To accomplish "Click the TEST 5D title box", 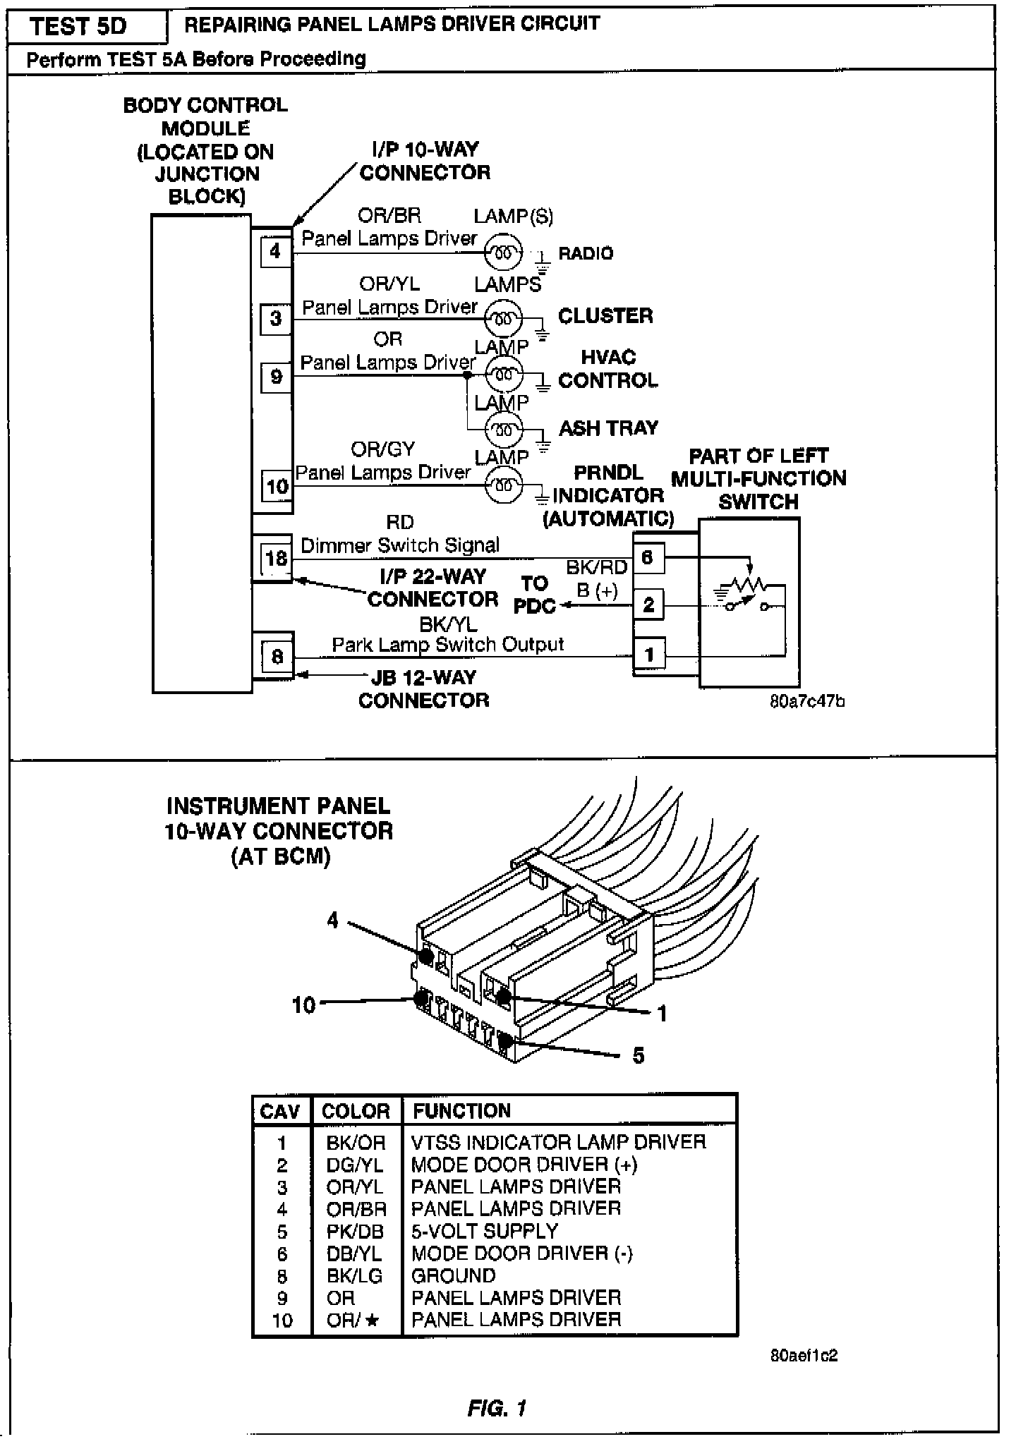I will tap(79, 27).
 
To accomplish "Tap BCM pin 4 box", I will tap(274, 250).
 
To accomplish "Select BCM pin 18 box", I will tap(276, 559).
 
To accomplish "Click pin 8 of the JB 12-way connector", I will tap(277, 657).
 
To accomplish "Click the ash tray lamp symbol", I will tap(504, 428).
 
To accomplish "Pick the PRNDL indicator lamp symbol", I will tap(504, 485).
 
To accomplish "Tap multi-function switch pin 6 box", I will tap(648, 557).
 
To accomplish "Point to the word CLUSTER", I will tap(605, 315).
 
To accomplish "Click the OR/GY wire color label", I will tap(383, 449).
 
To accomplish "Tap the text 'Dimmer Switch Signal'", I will tap(400, 545).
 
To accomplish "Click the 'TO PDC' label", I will tap(535, 595).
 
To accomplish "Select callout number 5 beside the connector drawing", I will tap(639, 1055).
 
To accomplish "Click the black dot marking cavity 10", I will tap(421, 999).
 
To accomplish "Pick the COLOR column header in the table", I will tap(356, 1111).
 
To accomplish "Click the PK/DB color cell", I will tap(355, 1232).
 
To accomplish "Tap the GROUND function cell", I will tap(454, 1275).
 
